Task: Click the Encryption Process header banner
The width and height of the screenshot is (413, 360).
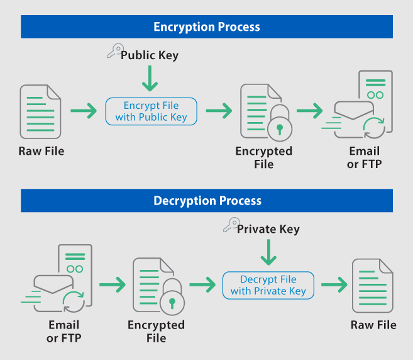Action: pos(207,27)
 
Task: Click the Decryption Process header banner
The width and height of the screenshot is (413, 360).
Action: pos(207,201)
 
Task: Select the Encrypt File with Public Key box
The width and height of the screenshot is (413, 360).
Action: pos(151,111)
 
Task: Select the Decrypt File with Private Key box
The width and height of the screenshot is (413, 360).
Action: pos(268,285)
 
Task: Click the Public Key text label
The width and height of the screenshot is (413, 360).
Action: pos(150,55)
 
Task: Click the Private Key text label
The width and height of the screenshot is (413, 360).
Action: pos(268,229)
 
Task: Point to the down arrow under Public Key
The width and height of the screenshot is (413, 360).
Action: pos(150,79)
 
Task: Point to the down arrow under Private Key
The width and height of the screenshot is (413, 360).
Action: pos(268,253)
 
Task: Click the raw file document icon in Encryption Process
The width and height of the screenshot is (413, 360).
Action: pos(41,112)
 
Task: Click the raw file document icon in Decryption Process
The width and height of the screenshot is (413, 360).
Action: pos(373,285)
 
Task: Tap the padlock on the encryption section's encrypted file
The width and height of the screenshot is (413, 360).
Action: pos(278,127)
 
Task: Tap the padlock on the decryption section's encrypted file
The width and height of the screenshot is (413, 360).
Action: pos(170,300)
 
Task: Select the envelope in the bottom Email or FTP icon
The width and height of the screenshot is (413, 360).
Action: pos(55,285)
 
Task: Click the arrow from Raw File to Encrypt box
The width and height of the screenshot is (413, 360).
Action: pos(84,111)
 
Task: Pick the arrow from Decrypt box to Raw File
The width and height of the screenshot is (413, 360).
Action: pos(334,285)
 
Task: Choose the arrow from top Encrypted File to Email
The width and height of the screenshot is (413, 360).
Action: pos(309,111)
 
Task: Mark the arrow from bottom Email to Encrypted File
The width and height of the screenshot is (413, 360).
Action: pos(112,285)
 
